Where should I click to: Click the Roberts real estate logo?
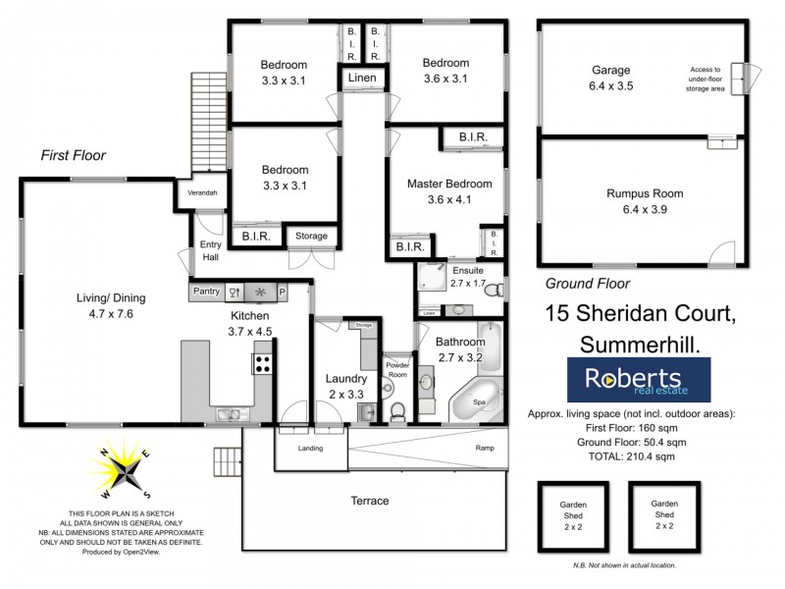pyautogui.click(x=639, y=380)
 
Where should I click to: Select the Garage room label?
pyautogui.click(x=610, y=71)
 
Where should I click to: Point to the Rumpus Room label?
pyautogui.click(x=645, y=193)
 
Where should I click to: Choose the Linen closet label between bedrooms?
pyautogui.click(x=362, y=78)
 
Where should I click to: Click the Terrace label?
pyautogui.click(x=370, y=501)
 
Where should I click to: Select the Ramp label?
pyautogui.click(x=486, y=449)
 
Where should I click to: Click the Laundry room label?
pyautogui.click(x=346, y=379)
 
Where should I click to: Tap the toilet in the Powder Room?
pyautogui.click(x=397, y=411)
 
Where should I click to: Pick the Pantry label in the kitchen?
pyautogui.click(x=206, y=292)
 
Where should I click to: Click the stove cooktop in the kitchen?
pyautogui.click(x=263, y=364)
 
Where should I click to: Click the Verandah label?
pyautogui.click(x=203, y=192)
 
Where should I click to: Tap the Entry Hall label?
pyautogui.click(x=210, y=250)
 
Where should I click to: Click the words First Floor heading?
pyautogui.click(x=73, y=155)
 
